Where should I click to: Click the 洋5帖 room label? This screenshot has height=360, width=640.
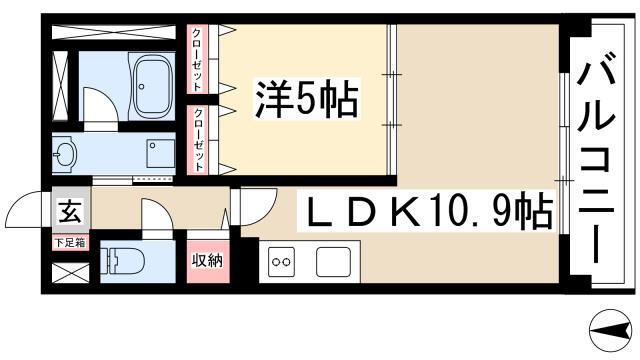[x=308, y=99]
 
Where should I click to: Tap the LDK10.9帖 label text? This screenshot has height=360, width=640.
[x=430, y=210]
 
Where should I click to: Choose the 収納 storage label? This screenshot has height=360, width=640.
[x=206, y=260]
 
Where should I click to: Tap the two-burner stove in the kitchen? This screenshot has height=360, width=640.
[x=281, y=262]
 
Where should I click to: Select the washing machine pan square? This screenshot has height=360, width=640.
[x=159, y=155]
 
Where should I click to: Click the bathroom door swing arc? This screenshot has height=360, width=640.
[x=98, y=104]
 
